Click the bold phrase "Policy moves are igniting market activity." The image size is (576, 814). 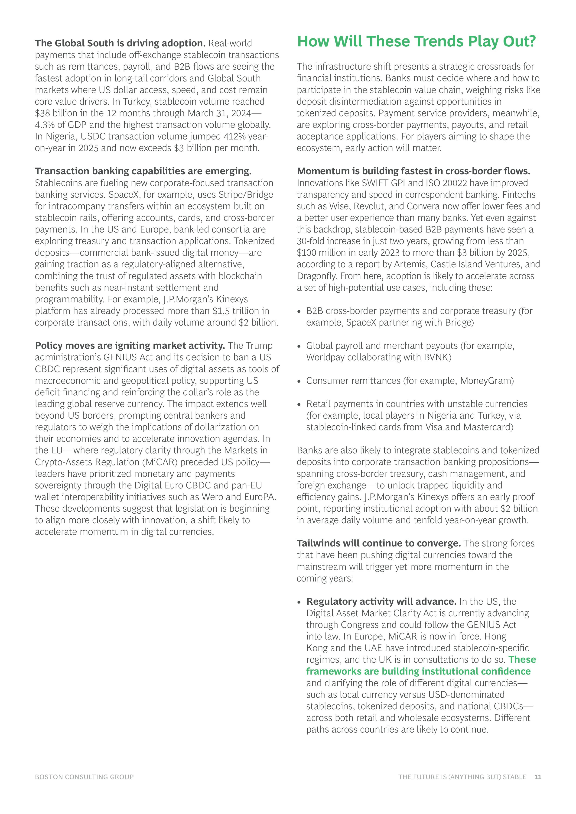[130, 346]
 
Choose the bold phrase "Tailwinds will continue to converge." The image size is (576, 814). [378, 543]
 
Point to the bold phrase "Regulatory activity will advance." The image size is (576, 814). [381, 602]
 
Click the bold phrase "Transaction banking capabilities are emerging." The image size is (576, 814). [143, 171]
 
